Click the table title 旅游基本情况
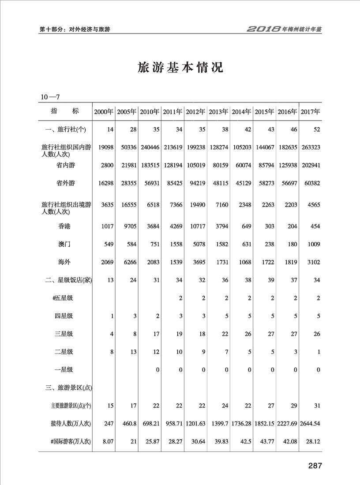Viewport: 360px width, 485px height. pyautogui.click(x=180, y=68)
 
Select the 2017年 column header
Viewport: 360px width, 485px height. pyautogui.click(x=311, y=112)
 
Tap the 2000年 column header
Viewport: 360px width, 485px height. pyautogui.click(x=104, y=112)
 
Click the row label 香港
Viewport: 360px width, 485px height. pyautogui.click(x=64, y=226)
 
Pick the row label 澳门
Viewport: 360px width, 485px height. pyautogui.click(x=64, y=244)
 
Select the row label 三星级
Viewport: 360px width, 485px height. pyautogui.click(x=64, y=334)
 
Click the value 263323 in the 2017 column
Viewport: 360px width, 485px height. pyautogui.click(x=310, y=147)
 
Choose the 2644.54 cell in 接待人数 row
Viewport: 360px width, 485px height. pyautogui.click(x=310, y=424)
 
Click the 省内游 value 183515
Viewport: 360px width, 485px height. pyautogui.click(x=150, y=165)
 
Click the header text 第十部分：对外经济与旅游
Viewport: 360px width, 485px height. pyautogui.click(x=75, y=30)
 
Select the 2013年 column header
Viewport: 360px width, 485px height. pyautogui.click(x=219, y=112)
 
